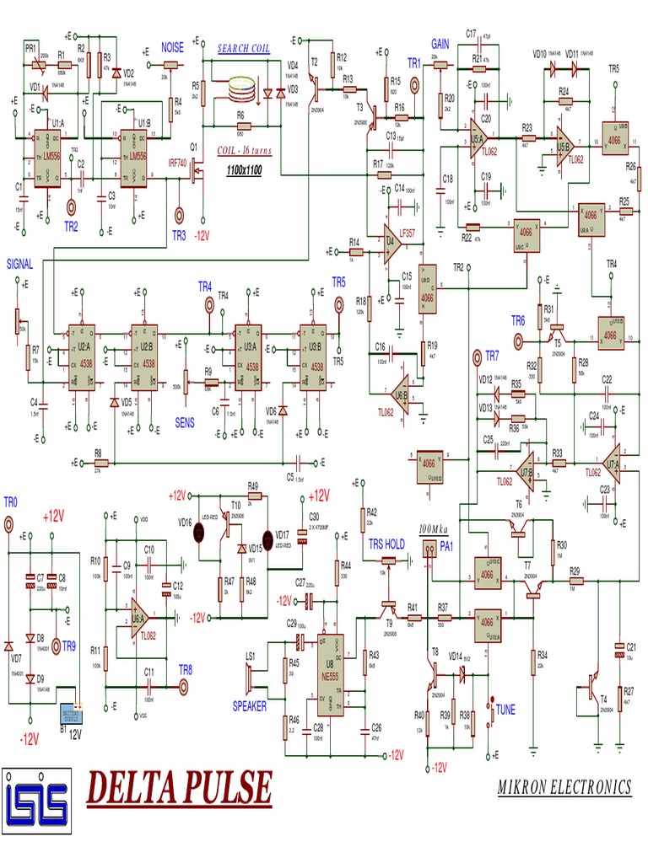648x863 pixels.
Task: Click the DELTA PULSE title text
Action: [180, 790]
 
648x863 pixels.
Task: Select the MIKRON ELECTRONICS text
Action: [564, 787]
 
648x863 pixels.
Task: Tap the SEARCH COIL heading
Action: [244, 49]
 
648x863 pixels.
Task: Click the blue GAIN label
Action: [440, 44]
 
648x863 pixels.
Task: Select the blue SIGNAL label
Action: [20, 264]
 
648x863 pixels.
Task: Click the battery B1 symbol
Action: [71, 715]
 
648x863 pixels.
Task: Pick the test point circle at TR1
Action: [414, 85]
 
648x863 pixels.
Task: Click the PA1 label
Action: [446, 546]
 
